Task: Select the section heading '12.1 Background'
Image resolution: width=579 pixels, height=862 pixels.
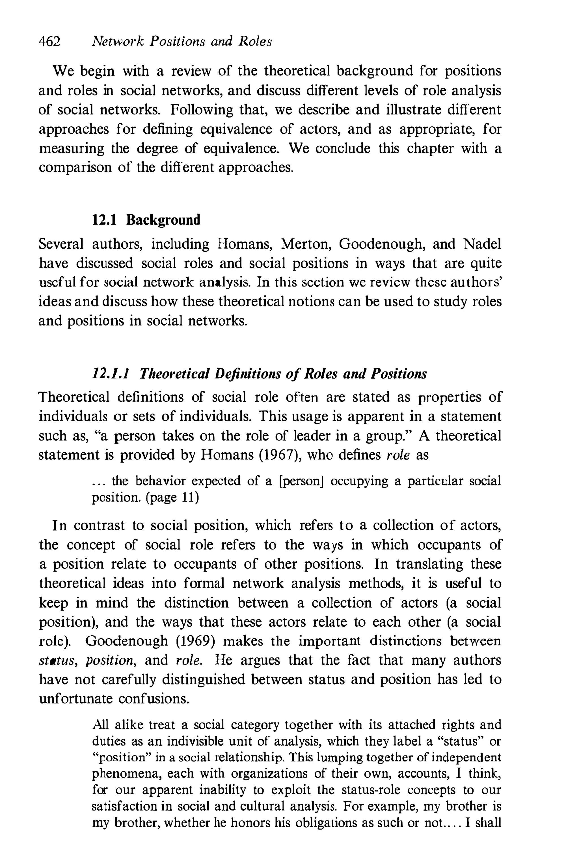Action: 146,220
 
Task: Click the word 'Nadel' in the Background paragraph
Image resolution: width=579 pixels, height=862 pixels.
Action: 482,244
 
